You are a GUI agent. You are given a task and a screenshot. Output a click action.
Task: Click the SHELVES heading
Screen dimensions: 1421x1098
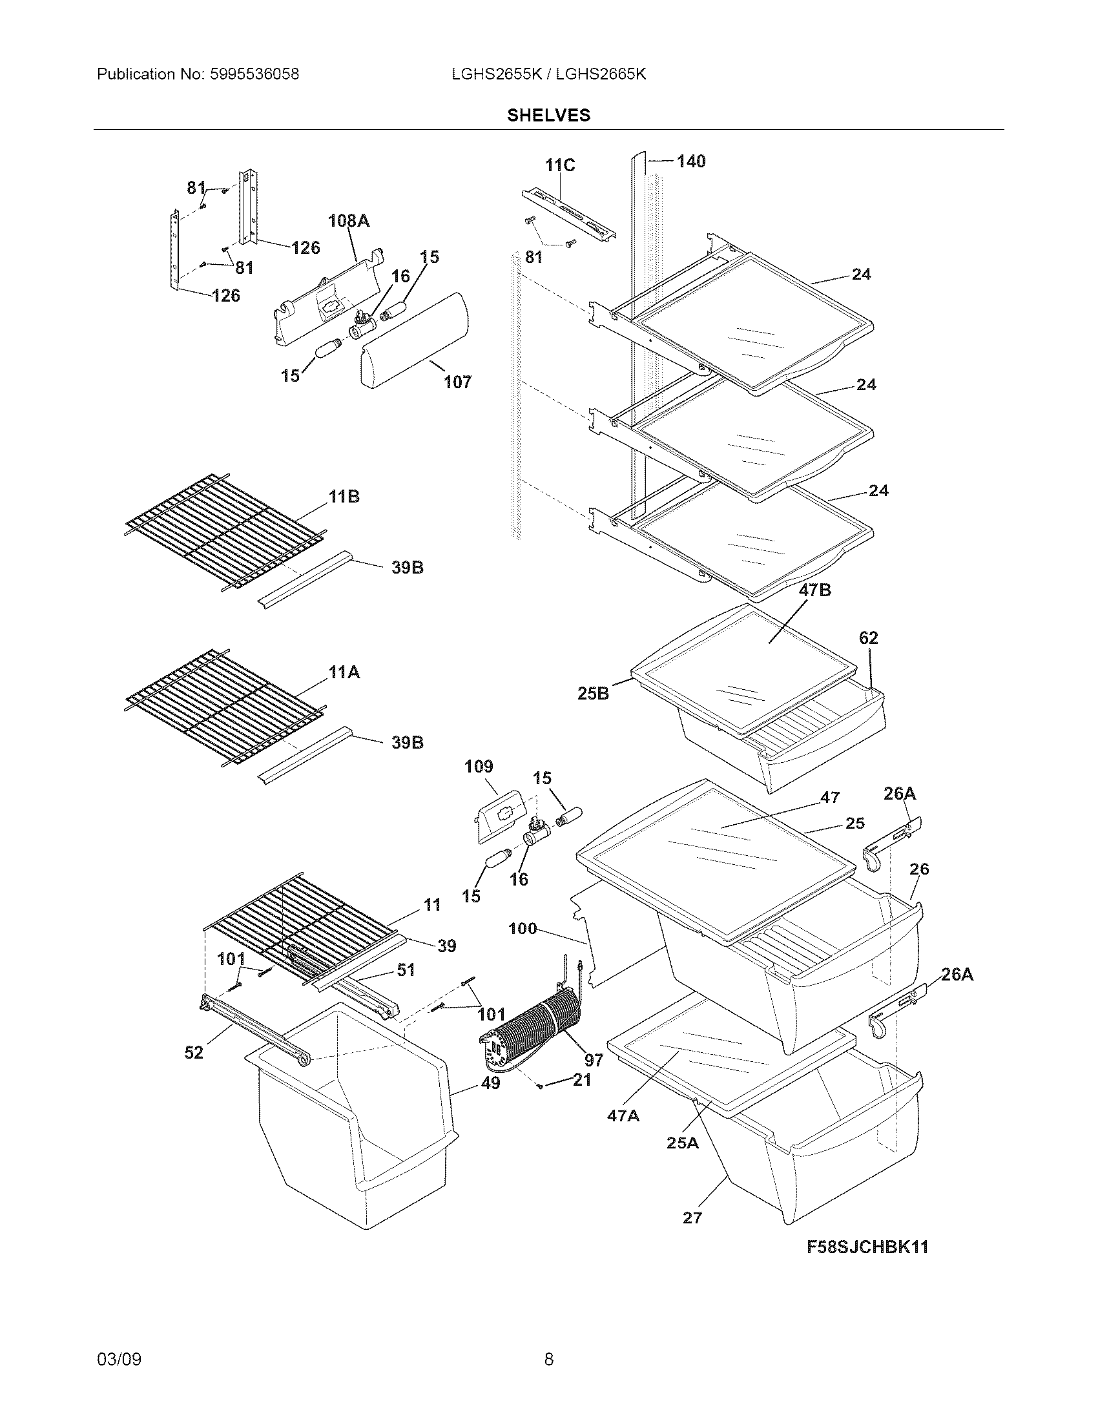tap(548, 115)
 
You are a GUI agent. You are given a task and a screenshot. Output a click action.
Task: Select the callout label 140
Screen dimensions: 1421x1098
tap(691, 161)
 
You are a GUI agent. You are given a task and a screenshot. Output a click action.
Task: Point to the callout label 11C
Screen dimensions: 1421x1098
tap(559, 165)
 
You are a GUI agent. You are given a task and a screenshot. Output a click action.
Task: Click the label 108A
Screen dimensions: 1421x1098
tap(349, 221)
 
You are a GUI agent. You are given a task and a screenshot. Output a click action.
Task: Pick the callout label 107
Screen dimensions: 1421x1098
tap(457, 382)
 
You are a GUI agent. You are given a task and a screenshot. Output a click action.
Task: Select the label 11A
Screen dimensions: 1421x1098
tap(344, 672)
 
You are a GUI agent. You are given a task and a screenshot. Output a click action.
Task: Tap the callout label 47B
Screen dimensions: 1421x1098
tap(814, 590)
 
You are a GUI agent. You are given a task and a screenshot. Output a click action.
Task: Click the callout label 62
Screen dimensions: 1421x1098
tap(868, 638)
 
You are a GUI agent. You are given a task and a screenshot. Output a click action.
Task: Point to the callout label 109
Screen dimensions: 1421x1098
tap(479, 767)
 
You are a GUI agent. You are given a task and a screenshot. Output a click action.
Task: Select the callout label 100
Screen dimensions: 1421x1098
tap(523, 928)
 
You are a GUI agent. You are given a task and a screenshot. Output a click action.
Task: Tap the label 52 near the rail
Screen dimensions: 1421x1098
tap(194, 1052)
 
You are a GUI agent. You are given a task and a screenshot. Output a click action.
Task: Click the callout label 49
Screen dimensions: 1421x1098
tap(491, 1083)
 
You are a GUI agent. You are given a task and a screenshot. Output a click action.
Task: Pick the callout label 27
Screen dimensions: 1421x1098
tap(692, 1217)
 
